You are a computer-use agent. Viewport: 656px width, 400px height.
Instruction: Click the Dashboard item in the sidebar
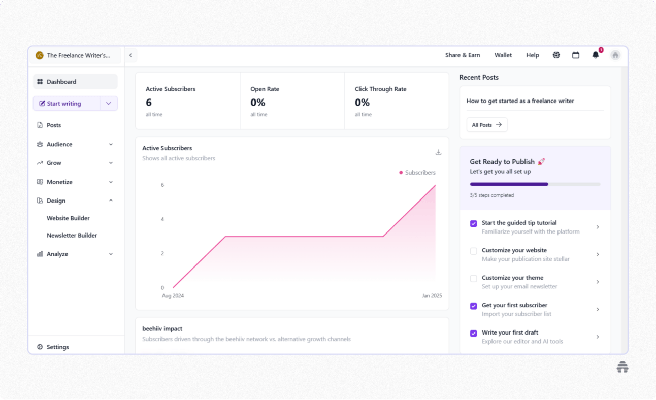click(x=61, y=82)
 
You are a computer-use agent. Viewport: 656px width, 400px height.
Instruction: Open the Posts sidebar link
click(x=53, y=125)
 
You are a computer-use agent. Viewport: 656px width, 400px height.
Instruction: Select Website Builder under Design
click(x=68, y=218)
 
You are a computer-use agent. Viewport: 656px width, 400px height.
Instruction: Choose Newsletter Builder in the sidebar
click(x=72, y=236)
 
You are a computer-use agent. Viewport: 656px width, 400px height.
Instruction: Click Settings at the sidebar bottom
click(x=57, y=347)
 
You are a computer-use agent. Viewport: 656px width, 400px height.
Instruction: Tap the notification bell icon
click(x=596, y=55)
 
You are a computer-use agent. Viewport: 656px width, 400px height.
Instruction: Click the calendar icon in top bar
click(x=576, y=55)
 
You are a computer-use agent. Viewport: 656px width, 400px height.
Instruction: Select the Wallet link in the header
click(x=503, y=55)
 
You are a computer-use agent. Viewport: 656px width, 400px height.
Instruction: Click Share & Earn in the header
click(x=463, y=55)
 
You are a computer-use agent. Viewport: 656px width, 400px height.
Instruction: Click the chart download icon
click(x=438, y=152)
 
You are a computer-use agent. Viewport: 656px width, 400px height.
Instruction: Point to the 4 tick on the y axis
click(x=162, y=219)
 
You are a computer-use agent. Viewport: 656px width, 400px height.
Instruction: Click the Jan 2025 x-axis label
click(x=432, y=296)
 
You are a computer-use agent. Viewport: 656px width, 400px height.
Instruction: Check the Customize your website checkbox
click(x=474, y=251)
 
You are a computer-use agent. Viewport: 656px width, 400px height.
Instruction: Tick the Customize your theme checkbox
click(x=474, y=278)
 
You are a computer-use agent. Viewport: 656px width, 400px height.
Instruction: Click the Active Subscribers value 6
click(x=149, y=103)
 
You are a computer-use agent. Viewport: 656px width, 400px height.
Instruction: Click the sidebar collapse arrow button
click(x=130, y=55)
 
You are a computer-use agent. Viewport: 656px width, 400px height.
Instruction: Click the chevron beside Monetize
click(x=111, y=182)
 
